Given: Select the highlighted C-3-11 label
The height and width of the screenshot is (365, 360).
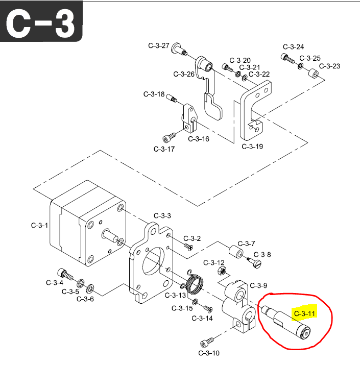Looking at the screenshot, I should point(305,313).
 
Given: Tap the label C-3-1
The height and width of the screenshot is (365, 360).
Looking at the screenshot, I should point(40,225).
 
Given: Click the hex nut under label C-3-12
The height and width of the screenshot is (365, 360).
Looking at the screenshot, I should point(221,270).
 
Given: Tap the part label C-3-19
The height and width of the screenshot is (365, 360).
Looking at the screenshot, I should point(252,147).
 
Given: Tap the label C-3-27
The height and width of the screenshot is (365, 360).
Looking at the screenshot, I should point(158,45).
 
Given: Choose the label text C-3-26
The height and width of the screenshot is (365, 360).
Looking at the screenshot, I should point(184,74).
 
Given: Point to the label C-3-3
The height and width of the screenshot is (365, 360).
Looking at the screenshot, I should point(162,215).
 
